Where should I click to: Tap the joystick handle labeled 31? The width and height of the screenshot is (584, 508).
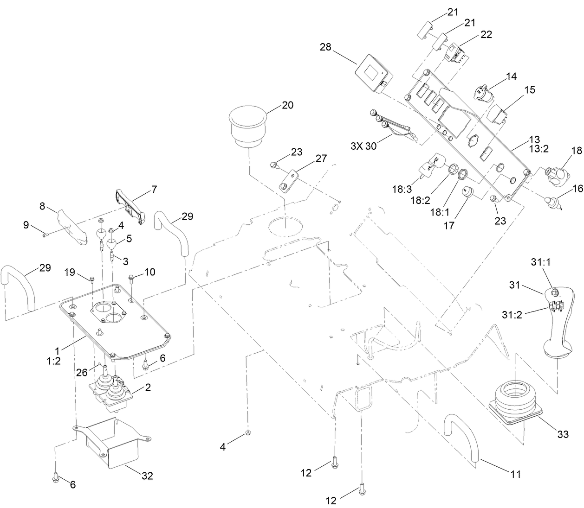click(559, 324)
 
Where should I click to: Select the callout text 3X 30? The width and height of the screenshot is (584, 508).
click(364, 146)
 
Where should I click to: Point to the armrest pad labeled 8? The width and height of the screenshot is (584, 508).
click(72, 226)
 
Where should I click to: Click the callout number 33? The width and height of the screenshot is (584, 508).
click(563, 434)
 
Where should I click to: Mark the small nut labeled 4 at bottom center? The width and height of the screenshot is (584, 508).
click(248, 432)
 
